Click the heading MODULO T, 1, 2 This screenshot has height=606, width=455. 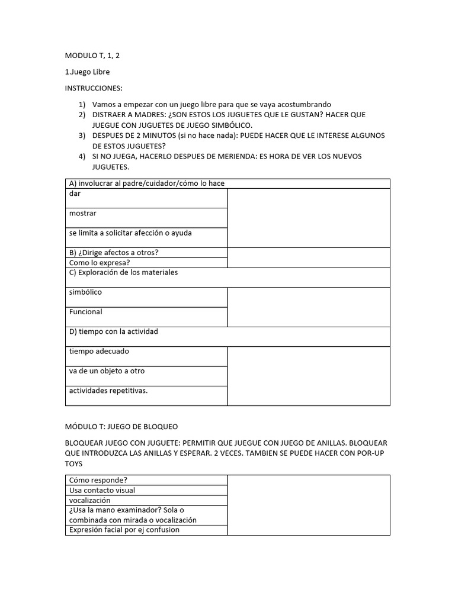pos(95,56)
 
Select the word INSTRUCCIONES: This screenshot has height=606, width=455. pos(94,88)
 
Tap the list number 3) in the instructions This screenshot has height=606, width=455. pos(82,136)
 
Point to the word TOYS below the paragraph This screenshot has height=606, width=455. pos(74,464)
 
